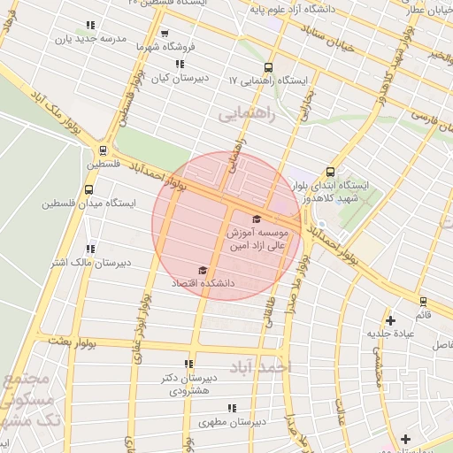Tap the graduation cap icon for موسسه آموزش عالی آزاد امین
click(257, 219)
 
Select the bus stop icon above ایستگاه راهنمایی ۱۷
click(268, 66)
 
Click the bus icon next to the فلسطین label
click(104, 150)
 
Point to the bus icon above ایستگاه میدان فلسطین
click(88, 188)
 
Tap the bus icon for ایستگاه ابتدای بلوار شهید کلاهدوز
click(330, 172)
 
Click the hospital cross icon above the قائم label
click(389, 319)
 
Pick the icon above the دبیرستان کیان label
click(180, 64)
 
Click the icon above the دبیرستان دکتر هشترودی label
click(188, 363)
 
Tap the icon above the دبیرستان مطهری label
click(231, 408)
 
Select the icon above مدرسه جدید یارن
click(89, 26)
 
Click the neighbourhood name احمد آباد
click(265, 366)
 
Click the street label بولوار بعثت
click(70, 341)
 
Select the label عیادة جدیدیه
click(390, 334)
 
